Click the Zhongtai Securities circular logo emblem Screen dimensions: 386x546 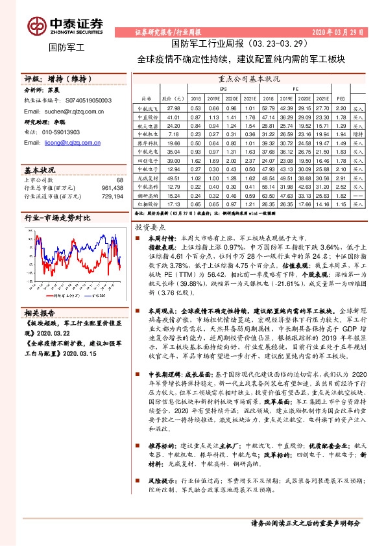pyautogui.click(x=37, y=25)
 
